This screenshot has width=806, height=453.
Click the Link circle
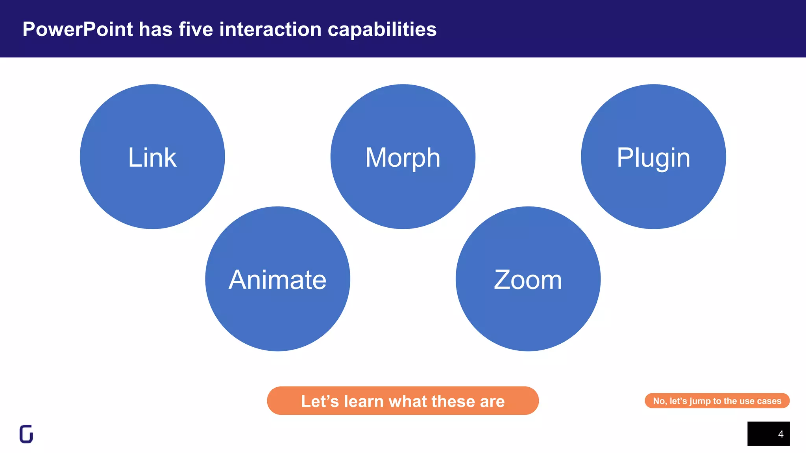tap(152, 157)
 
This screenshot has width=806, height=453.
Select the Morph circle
tap(403, 157)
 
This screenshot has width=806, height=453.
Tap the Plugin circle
tap(653, 157)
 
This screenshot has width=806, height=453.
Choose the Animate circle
tap(277, 279)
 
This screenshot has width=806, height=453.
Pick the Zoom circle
tap(528, 279)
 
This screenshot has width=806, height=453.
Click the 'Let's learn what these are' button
tap(403, 401)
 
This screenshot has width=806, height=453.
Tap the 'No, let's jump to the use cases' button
tap(717, 401)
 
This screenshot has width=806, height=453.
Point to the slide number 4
tap(781, 434)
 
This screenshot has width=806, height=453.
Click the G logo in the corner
tap(26, 434)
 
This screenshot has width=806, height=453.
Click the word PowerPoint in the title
tap(78, 29)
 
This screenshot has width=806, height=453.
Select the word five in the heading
tap(196, 29)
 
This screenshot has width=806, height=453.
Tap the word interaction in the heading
tap(270, 29)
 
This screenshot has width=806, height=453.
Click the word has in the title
tap(155, 29)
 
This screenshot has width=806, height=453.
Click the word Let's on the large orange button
tap(320, 401)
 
